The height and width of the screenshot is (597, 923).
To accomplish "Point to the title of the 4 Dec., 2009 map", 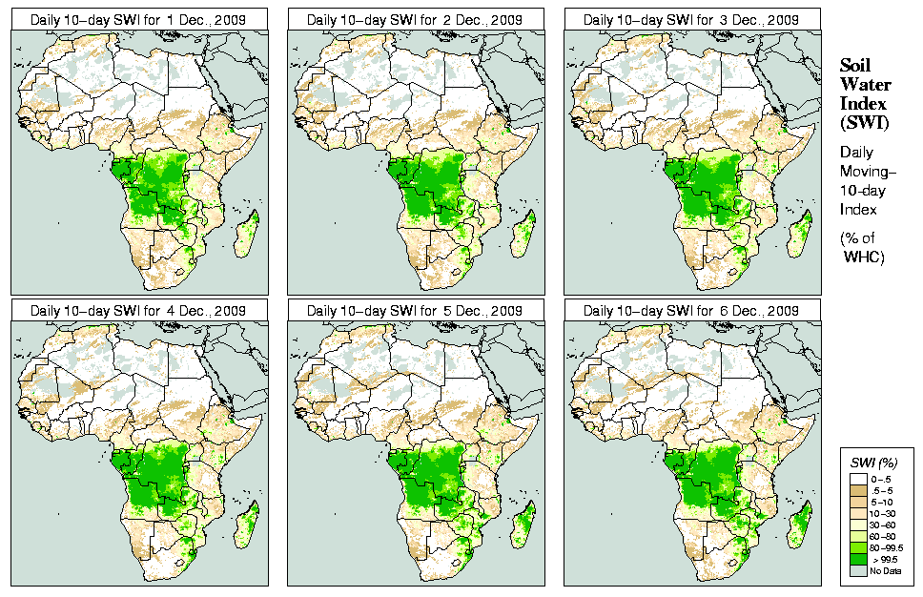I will coord(138,311).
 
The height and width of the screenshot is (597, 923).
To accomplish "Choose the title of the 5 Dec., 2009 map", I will coord(415,311).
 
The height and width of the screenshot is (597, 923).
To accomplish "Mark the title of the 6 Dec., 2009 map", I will coord(691,311).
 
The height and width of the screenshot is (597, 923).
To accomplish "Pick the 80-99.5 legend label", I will coord(887,547).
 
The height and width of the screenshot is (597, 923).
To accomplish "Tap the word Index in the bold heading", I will coord(863,103).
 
